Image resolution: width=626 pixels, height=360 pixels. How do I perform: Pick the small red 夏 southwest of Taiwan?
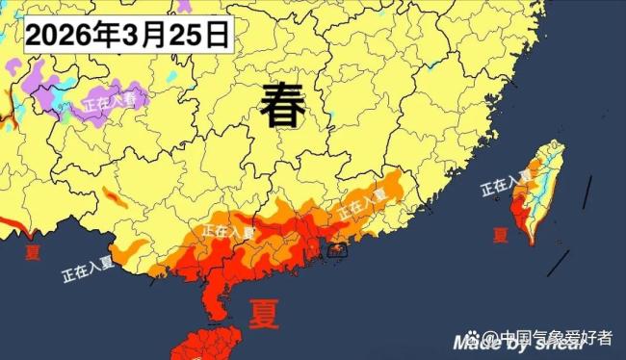click(x=500, y=234)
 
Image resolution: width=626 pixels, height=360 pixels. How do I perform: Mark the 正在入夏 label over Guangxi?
click(x=227, y=231)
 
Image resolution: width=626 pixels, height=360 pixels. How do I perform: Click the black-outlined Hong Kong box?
click(x=336, y=250)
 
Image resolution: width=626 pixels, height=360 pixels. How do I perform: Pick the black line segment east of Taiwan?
click(x=586, y=191)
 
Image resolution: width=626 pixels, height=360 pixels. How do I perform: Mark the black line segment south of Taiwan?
click(x=558, y=263)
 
